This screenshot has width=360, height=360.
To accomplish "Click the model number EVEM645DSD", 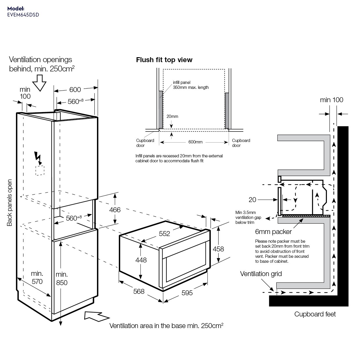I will [23, 15].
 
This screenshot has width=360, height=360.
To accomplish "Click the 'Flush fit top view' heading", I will [164, 60].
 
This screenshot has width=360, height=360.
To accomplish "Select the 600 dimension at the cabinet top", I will [75, 90].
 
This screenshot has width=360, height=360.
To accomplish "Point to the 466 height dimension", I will [115, 210].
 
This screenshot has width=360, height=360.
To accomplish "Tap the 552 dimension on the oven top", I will [164, 233].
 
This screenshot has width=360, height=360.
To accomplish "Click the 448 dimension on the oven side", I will [141, 260].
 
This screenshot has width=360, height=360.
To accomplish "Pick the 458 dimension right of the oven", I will [218, 249].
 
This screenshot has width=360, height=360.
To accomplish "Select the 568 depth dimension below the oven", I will [139, 291].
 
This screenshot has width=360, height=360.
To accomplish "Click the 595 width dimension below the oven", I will [187, 293].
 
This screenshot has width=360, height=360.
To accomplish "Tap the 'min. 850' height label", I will [62, 278].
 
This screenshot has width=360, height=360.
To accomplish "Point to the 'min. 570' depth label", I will [37, 277].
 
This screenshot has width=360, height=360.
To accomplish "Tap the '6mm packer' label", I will [273, 232].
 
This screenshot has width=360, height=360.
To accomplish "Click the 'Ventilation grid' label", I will [261, 274].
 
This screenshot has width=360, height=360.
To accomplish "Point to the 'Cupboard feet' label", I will [315, 314].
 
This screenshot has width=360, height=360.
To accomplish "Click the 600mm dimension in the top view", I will [195, 142].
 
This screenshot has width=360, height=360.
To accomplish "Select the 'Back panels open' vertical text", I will [10, 203].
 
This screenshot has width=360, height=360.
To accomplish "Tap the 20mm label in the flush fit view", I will [172, 116].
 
